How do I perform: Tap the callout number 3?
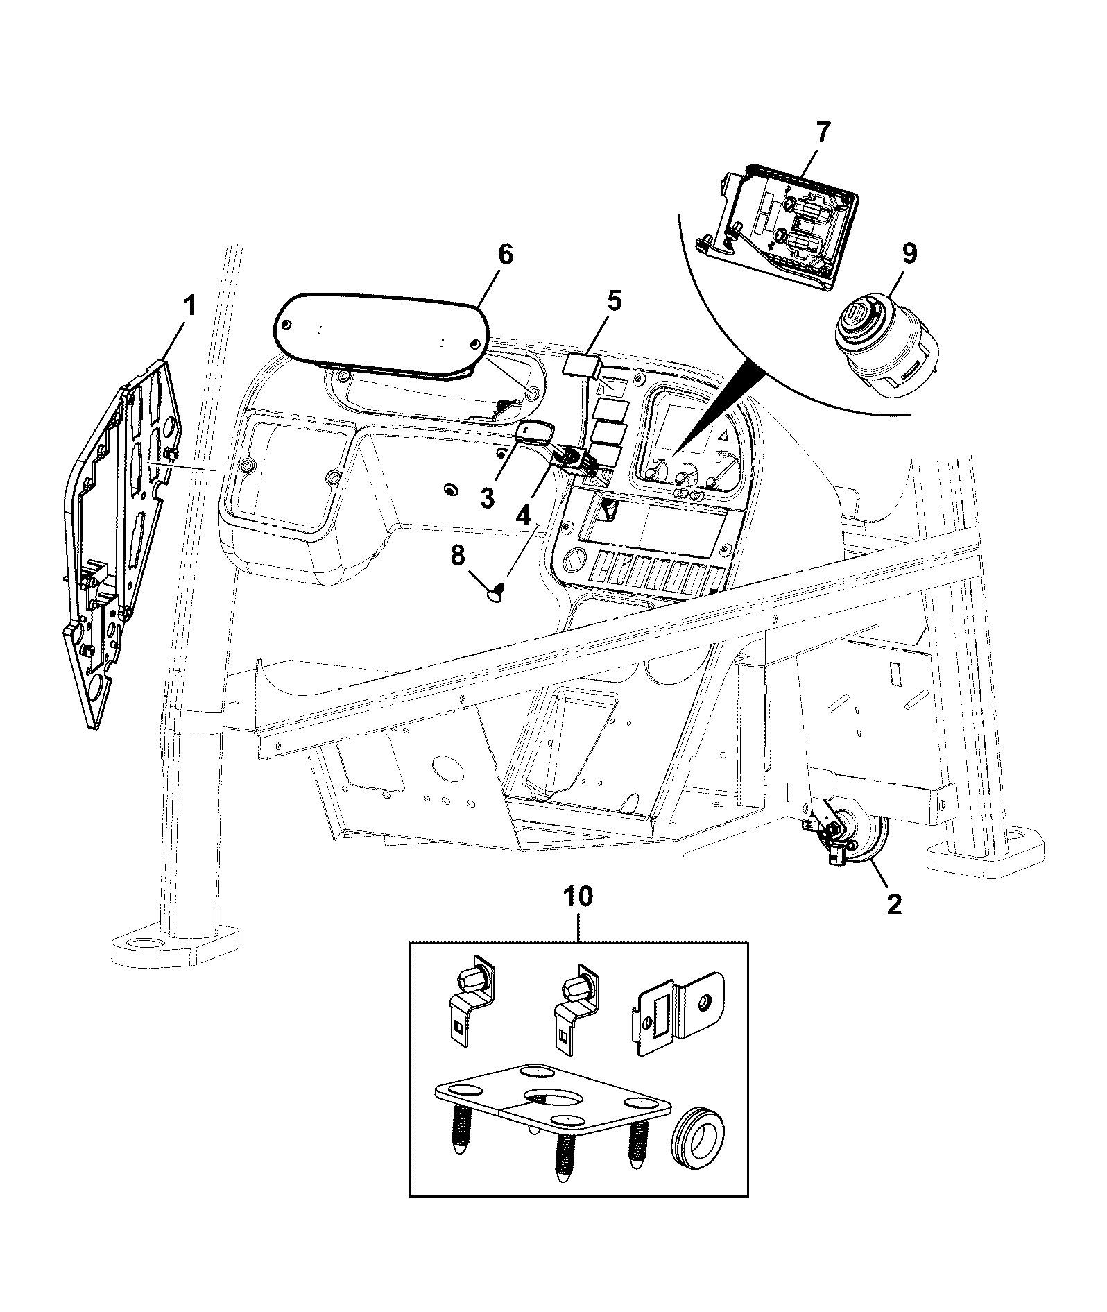pos(488,497)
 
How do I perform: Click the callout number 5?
pos(614,301)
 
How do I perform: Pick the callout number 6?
pos(505,255)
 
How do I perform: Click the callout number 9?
pos(909,254)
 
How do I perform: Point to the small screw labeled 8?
pos(497,591)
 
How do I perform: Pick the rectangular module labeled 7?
pos(779,225)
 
